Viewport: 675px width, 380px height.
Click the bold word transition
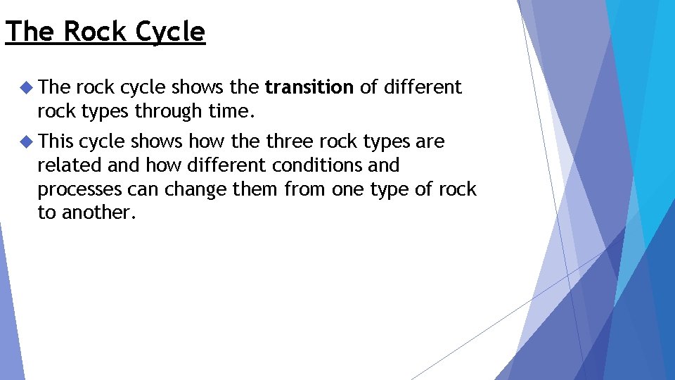[309, 87]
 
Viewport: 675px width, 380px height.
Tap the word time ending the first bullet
[231, 111]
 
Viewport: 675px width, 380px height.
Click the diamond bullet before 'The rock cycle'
[26, 87]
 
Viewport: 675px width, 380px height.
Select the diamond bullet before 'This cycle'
[26, 141]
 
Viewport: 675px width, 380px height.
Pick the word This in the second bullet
[56, 141]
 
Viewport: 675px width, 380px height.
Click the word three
[290, 141]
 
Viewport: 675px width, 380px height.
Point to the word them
[259, 189]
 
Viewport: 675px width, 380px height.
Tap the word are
[430, 141]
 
